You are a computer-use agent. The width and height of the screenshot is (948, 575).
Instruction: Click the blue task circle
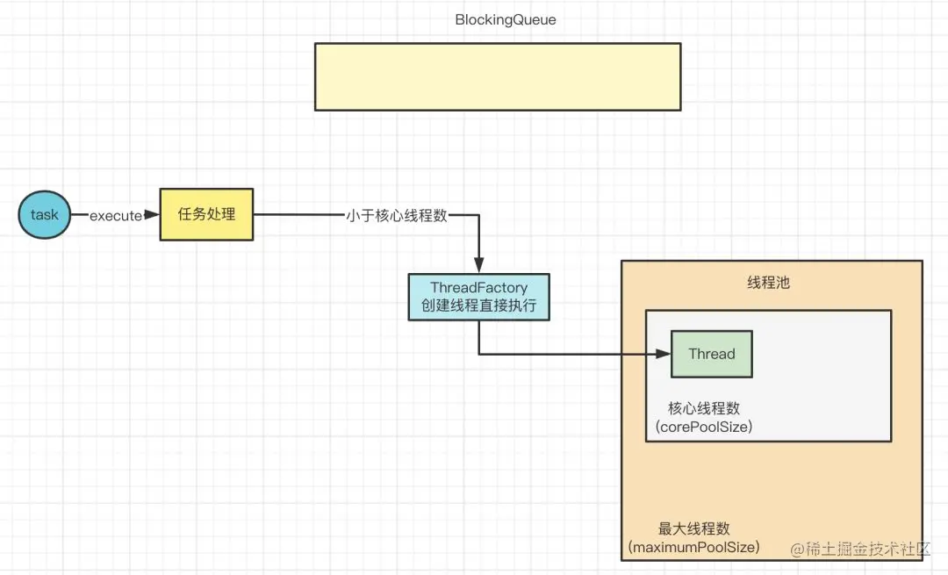[x=44, y=215]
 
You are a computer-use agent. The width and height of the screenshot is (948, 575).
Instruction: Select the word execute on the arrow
[x=116, y=216]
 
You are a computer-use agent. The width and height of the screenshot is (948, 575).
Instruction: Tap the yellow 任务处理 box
[x=206, y=215]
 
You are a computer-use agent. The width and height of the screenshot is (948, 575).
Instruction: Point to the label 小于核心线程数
[x=397, y=215]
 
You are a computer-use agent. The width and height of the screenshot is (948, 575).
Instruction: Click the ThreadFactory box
[x=479, y=297]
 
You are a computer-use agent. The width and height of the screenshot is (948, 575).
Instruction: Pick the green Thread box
[x=712, y=354]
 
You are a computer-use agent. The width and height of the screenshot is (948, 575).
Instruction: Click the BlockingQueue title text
[x=506, y=19]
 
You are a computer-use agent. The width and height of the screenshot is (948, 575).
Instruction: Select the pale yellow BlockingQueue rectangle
[x=499, y=76]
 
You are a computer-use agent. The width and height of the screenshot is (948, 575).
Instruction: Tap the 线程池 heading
[x=768, y=283]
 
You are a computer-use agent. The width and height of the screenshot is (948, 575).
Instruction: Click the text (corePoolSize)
[x=704, y=427]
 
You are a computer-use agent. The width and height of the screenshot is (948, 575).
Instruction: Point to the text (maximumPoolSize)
[x=694, y=547]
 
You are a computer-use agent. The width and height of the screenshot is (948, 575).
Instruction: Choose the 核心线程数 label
[x=704, y=408]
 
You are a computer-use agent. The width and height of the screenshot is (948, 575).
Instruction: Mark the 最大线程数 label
[x=694, y=528]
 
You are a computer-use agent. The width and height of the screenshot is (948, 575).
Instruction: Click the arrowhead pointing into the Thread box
[x=664, y=354]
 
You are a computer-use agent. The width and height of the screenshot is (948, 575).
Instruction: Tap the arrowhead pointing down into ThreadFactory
[x=479, y=266]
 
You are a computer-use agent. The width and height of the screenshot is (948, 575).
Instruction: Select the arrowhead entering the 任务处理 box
[x=153, y=215]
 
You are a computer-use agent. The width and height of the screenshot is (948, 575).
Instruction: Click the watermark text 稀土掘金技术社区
[x=867, y=549]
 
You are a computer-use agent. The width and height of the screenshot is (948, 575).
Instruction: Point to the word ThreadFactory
[x=479, y=287]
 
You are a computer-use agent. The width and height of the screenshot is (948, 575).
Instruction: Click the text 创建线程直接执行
[x=479, y=305]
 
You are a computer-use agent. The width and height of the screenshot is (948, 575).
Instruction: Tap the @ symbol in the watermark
[x=798, y=549]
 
